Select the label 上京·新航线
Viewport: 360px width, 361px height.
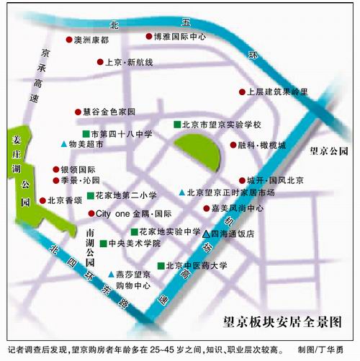pos(129,63)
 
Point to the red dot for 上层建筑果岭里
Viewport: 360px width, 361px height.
pos(242,92)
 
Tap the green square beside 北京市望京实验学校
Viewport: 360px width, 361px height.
pos(176,125)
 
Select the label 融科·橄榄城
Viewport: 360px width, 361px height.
pos(261,145)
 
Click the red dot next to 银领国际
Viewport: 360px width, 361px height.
pos(53,169)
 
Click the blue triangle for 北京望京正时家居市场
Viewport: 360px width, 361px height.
pos(181,192)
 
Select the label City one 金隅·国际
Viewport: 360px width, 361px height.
pos(133,214)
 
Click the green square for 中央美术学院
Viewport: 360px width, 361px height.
pos(103,244)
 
